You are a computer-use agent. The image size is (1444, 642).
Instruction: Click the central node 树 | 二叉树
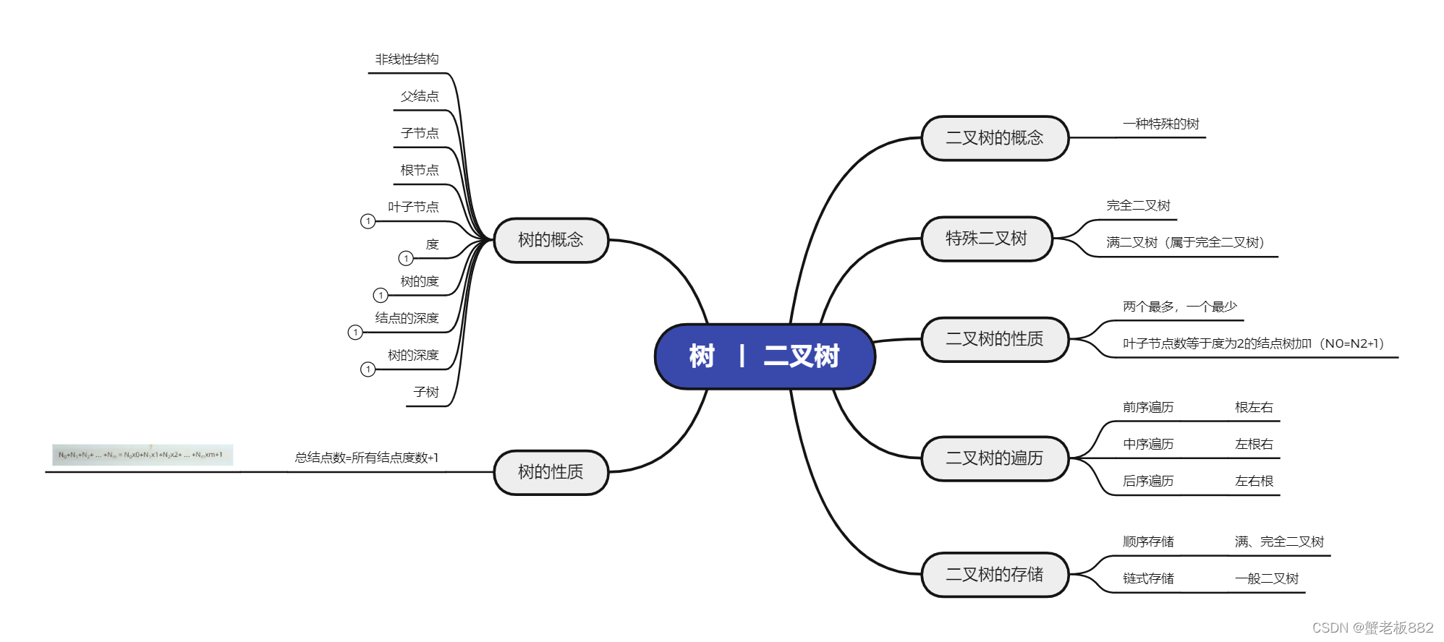coord(765,356)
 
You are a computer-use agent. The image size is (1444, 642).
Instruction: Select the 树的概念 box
coord(551,240)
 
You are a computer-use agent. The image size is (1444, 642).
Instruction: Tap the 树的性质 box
coord(551,472)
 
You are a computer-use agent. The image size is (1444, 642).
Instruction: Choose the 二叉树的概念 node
coord(994,138)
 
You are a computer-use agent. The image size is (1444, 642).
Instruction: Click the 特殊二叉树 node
coord(986,239)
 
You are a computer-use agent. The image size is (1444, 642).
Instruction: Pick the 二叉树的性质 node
coord(994,339)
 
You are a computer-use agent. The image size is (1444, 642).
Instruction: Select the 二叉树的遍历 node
coord(994,458)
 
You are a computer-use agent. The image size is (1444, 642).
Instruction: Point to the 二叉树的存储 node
coord(994,575)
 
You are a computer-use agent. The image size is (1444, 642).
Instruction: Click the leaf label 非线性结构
coord(407,59)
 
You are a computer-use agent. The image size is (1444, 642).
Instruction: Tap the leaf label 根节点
coord(420,170)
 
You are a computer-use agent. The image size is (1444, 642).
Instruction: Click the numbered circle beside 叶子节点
coord(368,221)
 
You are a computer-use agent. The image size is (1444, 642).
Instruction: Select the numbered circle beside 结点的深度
coord(355,333)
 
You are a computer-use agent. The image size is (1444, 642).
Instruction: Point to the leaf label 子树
coord(426,392)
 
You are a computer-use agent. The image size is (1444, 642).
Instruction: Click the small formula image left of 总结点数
coord(143,455)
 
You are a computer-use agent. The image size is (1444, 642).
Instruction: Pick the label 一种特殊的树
coord(1160,124)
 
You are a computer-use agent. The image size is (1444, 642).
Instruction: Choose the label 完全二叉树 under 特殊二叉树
coord(1138,205)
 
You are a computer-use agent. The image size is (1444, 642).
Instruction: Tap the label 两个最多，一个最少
coord(1179,307)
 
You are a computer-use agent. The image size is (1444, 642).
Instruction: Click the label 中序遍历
coord(1148,444)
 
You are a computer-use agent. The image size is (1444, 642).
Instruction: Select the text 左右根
coord(1254,481)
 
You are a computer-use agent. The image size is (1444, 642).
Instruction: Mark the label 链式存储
coord(1148,578)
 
